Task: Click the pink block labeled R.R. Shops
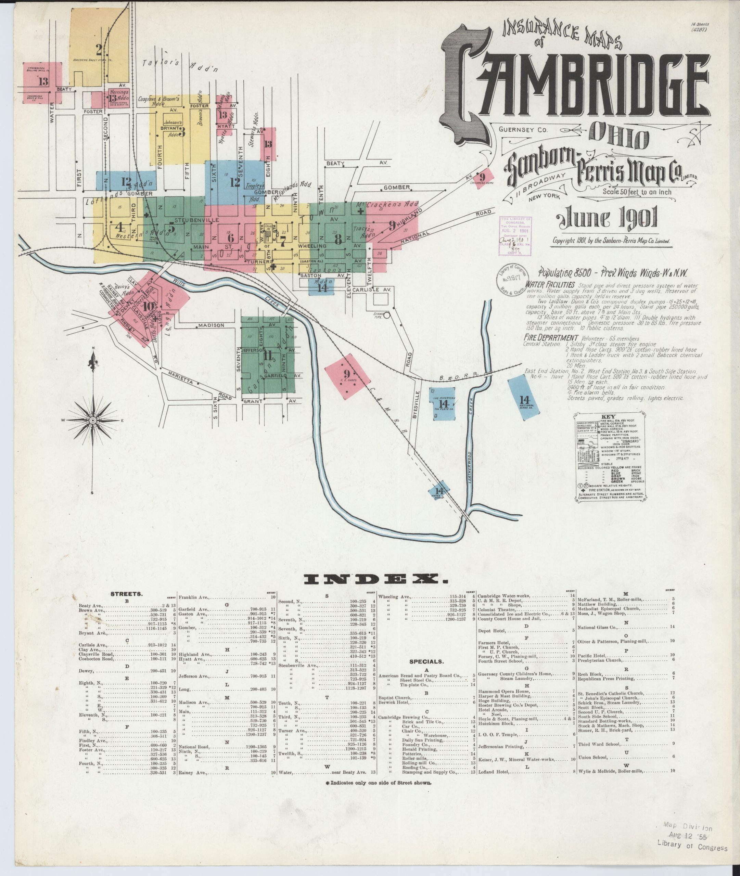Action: tap(348, 376)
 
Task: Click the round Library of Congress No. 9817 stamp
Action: tap(512, 279)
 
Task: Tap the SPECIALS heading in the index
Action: tap(426, 662)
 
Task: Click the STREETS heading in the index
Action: tap(126, 594)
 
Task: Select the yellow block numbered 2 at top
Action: tap(99, 46)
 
